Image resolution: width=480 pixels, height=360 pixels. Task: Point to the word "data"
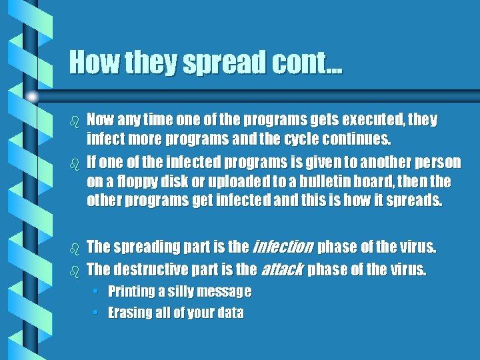[229, 312]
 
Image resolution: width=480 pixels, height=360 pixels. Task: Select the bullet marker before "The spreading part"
[75, 249]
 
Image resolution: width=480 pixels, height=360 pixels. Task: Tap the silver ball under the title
[32, 96]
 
